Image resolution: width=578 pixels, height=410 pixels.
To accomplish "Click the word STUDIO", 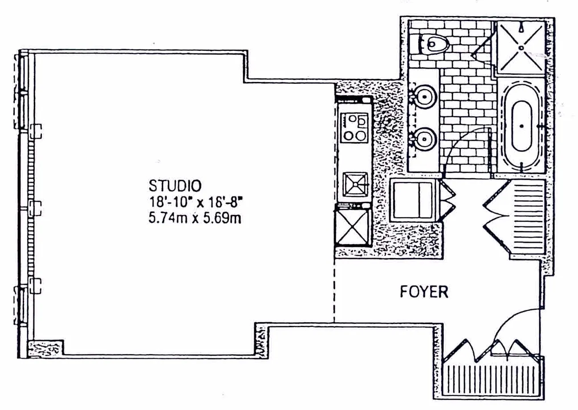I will pyautogui.click(x=176, y=184).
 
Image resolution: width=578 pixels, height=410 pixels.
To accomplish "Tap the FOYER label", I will pyautogui.click(x=423, y=292).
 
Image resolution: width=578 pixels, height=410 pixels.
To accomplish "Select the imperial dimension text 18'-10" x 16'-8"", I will pyautogui.click(x=196, y=201).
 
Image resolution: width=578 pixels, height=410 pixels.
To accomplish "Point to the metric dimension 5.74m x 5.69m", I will pyautogui.click(x=195, y=218).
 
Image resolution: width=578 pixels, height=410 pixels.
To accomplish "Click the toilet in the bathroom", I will pyautogui.click(x=434, y=44).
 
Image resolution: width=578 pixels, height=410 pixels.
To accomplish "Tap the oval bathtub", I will pyautogui.click(x=521, y=126).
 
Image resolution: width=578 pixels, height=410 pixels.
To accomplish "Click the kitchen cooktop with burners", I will pyautogui.click(x=354, y=127).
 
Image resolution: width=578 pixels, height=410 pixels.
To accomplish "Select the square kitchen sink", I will pyautogui.click(x=355, y=184).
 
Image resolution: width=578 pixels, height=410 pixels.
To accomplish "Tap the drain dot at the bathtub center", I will pyautogui.click(x=521, y=126).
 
